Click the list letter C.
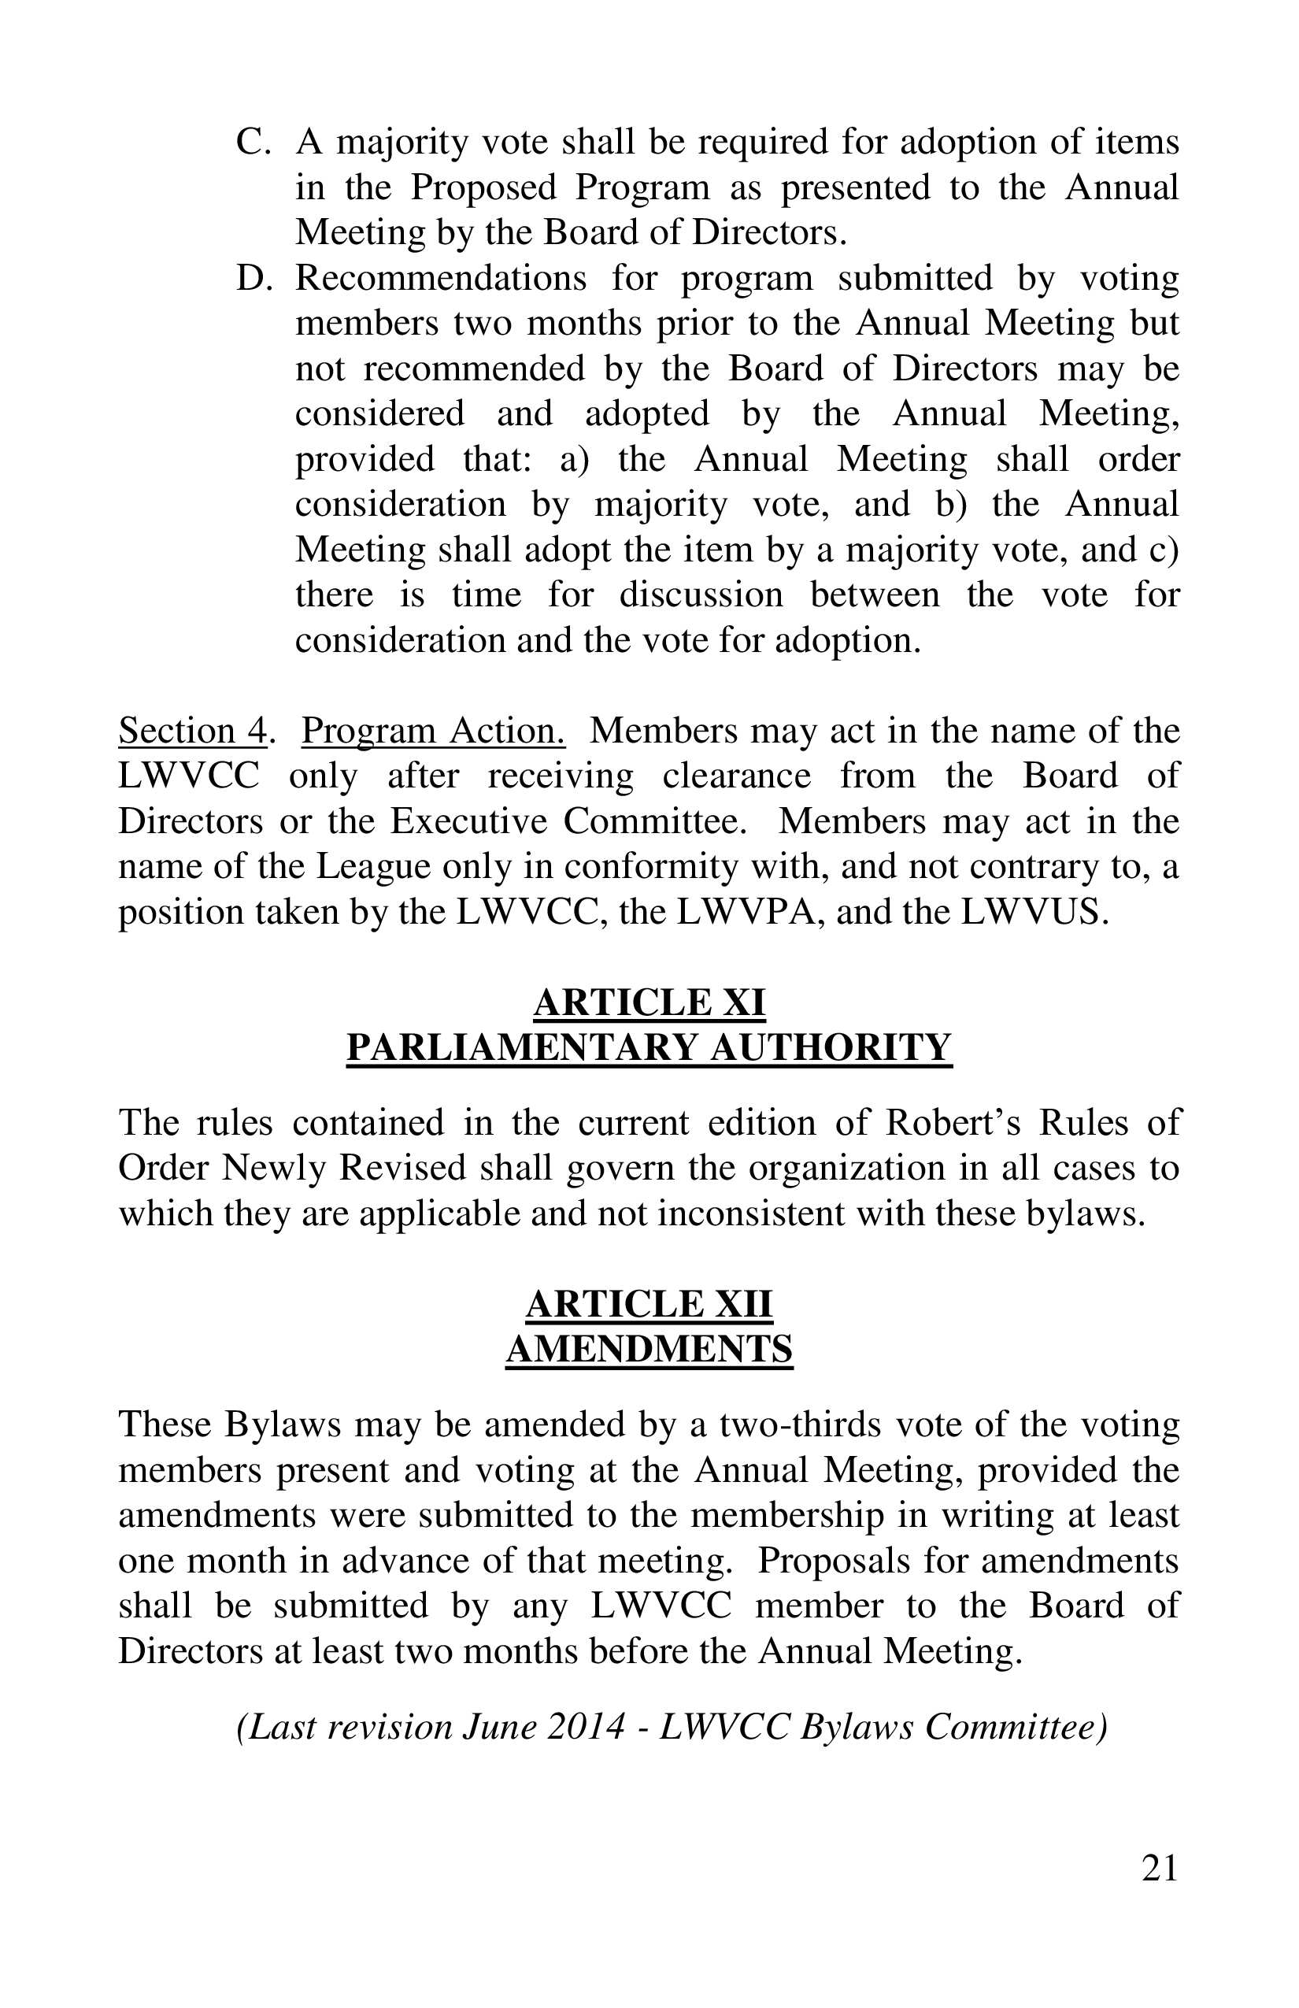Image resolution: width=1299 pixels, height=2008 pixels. pyautogui.click(x=251, y=142)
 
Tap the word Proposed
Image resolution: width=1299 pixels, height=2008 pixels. pyautogui.click(x=483, y=187)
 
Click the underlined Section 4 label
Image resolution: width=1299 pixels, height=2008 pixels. pyautogui.click(x=192, y=731)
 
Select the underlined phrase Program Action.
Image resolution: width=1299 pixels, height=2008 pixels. pyautogui.click(x=433, y=731)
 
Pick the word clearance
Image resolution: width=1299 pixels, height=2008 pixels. pyautogui.click(x=736, y=776)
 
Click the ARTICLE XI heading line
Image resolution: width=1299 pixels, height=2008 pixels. pyautogui.click(x=649, y=1002)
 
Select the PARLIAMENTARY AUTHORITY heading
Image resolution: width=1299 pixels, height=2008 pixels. pyautogui.click(x=649, y=1047)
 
